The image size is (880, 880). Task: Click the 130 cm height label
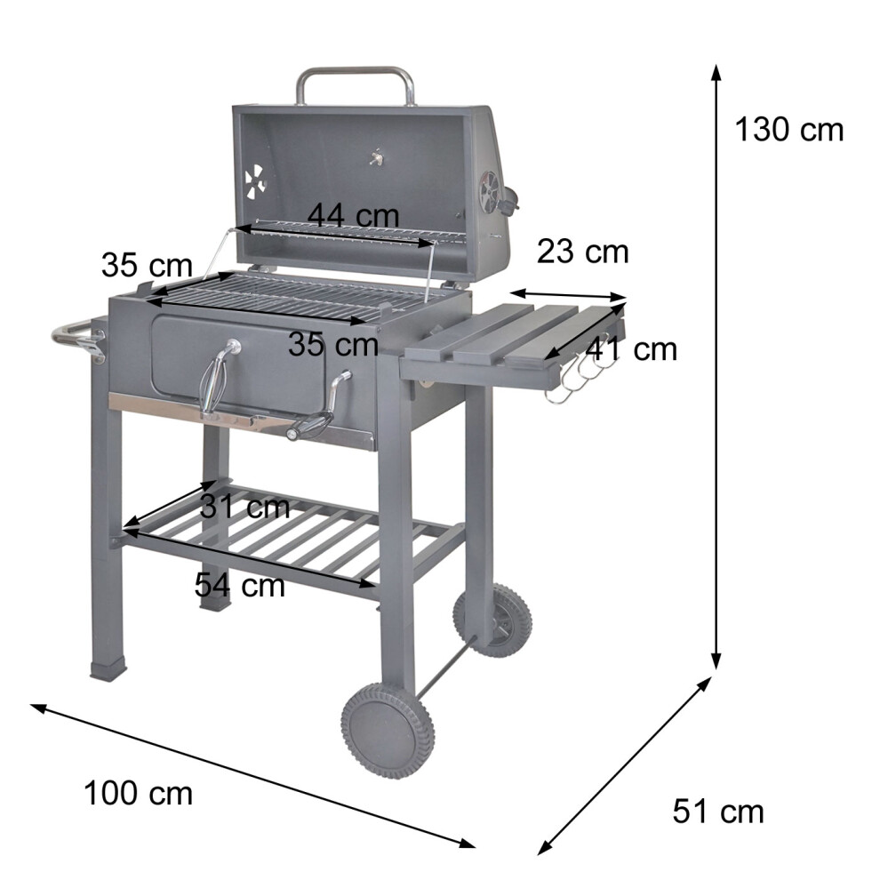(x=788, y=130)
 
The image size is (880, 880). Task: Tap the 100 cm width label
(x=138, y=794)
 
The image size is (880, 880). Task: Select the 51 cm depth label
(x=718, y=812)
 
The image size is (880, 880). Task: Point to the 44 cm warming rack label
(x=354, y=215)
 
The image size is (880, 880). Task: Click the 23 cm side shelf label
(x=582, y=252)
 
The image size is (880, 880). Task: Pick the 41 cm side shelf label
(x=631, y=349)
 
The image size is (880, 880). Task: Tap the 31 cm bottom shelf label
(x=244, y=507)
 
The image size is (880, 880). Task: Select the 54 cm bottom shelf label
(x=240, y=586)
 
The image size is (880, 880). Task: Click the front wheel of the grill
(x=388, y=729)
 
